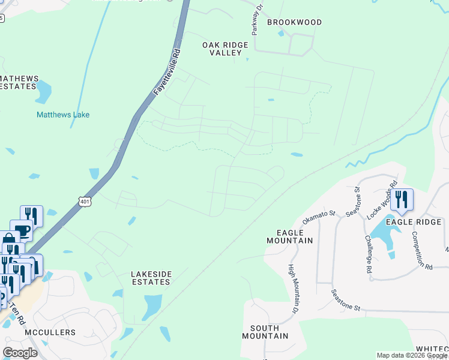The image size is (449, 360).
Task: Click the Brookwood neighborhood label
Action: point(294,22)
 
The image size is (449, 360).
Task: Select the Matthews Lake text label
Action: point(63,115)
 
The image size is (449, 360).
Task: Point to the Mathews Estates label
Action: point(19,82)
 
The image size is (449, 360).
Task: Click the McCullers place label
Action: point(50,332)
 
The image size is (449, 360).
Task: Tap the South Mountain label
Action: point(269,332)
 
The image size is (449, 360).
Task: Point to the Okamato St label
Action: point(318,217)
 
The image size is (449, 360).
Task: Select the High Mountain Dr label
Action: point(293,289)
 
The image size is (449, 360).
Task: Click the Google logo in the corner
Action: point(20,353)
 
